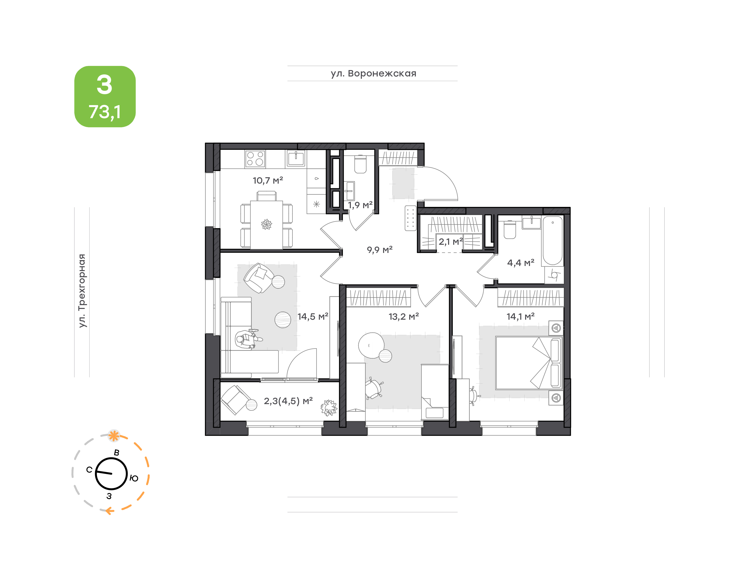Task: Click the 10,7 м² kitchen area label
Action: (x=268, y=180)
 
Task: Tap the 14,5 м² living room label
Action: (x=313, y=316)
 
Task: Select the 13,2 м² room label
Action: (x=404, y=316)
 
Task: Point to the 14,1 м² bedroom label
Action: (x=520, y=316)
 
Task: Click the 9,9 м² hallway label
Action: (x=380, y=250)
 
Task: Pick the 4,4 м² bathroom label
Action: (x=521, y=263)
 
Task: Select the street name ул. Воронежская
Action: (x=373, y=73)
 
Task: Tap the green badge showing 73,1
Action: (x=105, y=96)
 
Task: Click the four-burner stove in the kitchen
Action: (x=255, y=159)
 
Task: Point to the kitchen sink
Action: (x=296, y=158)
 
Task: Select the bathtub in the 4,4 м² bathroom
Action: (x=552, y=241)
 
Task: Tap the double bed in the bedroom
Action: (x=528, y=363)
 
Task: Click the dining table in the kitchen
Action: (x=266, y=225)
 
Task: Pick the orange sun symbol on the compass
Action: (x=114, y=436)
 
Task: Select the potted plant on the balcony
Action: (x=329, y=407)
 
